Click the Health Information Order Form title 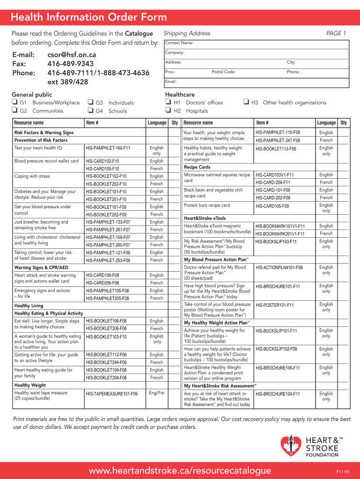pos(89,17)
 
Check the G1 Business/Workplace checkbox pos(14,102)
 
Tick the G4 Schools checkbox pos(90,111)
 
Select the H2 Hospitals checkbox pos(168,111)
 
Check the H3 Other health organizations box pos(246,102)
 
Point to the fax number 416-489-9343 pos(71,64)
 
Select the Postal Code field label pos(223,72)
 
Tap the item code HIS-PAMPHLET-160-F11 pos(108,148)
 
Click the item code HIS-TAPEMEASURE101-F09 pos(112,394)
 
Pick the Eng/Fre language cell pos(156,393)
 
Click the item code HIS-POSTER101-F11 pos(274,305)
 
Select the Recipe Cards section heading pos(197,167)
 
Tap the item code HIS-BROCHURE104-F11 pos(278,394)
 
